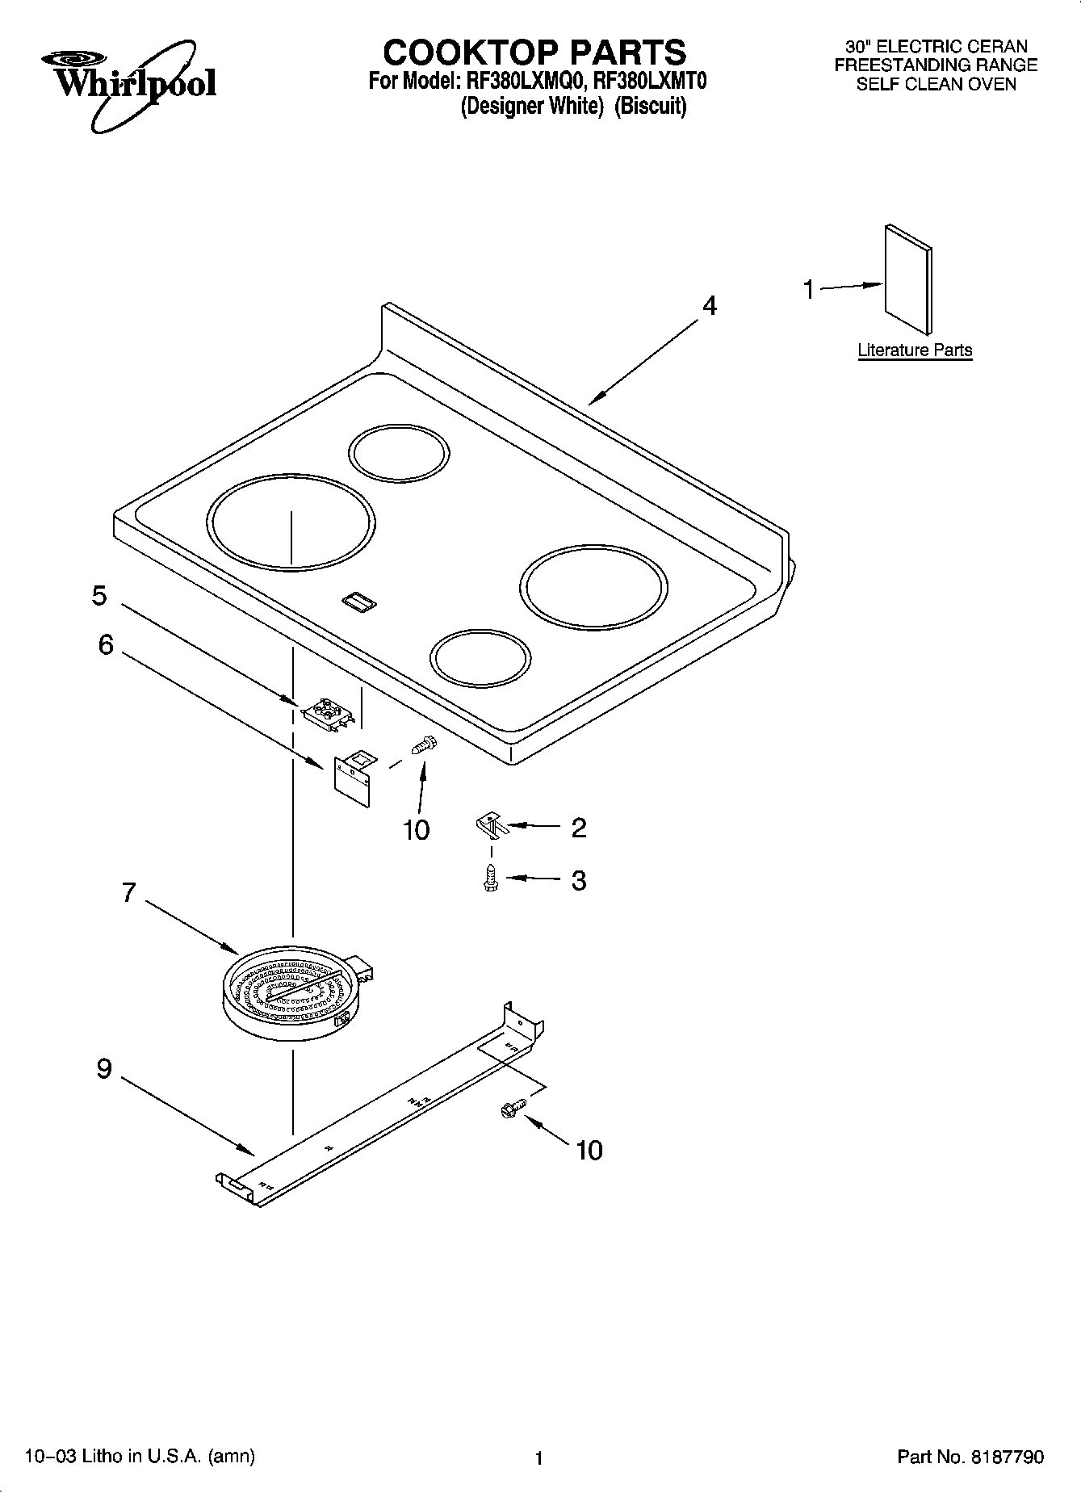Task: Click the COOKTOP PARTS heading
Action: click(x=534, y=52)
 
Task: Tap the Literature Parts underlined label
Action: click(x=914, y=350)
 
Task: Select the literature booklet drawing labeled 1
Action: click(x=908, y=279)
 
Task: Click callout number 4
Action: click(x=709, y=306)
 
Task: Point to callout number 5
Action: click(x=98, y=596)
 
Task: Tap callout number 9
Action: click(x=104, y=1069)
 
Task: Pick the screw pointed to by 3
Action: click(x=489, y=879)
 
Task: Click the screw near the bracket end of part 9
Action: click(x=512, y=1109)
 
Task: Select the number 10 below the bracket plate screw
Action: click(x=416, y=830)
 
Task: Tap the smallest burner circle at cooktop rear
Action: click(x=399, y=454)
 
